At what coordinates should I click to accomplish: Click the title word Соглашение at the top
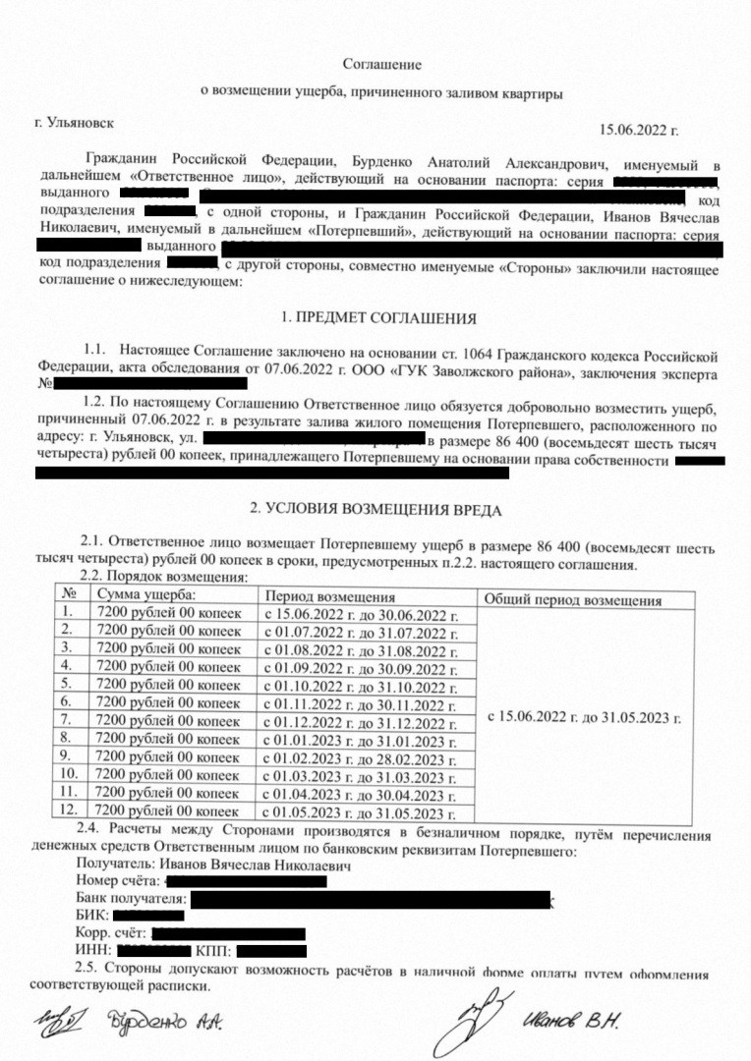coord(381,64)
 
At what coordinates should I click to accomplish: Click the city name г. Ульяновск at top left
coord(74,123)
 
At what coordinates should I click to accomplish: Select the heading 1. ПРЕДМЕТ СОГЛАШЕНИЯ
coord(378,318)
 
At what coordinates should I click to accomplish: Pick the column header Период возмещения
coord(329,596)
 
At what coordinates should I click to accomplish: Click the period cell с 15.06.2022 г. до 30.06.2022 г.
coord(360,615)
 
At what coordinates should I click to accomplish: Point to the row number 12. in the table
coord(69,810)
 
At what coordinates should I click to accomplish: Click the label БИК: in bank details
coord(92,915)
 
